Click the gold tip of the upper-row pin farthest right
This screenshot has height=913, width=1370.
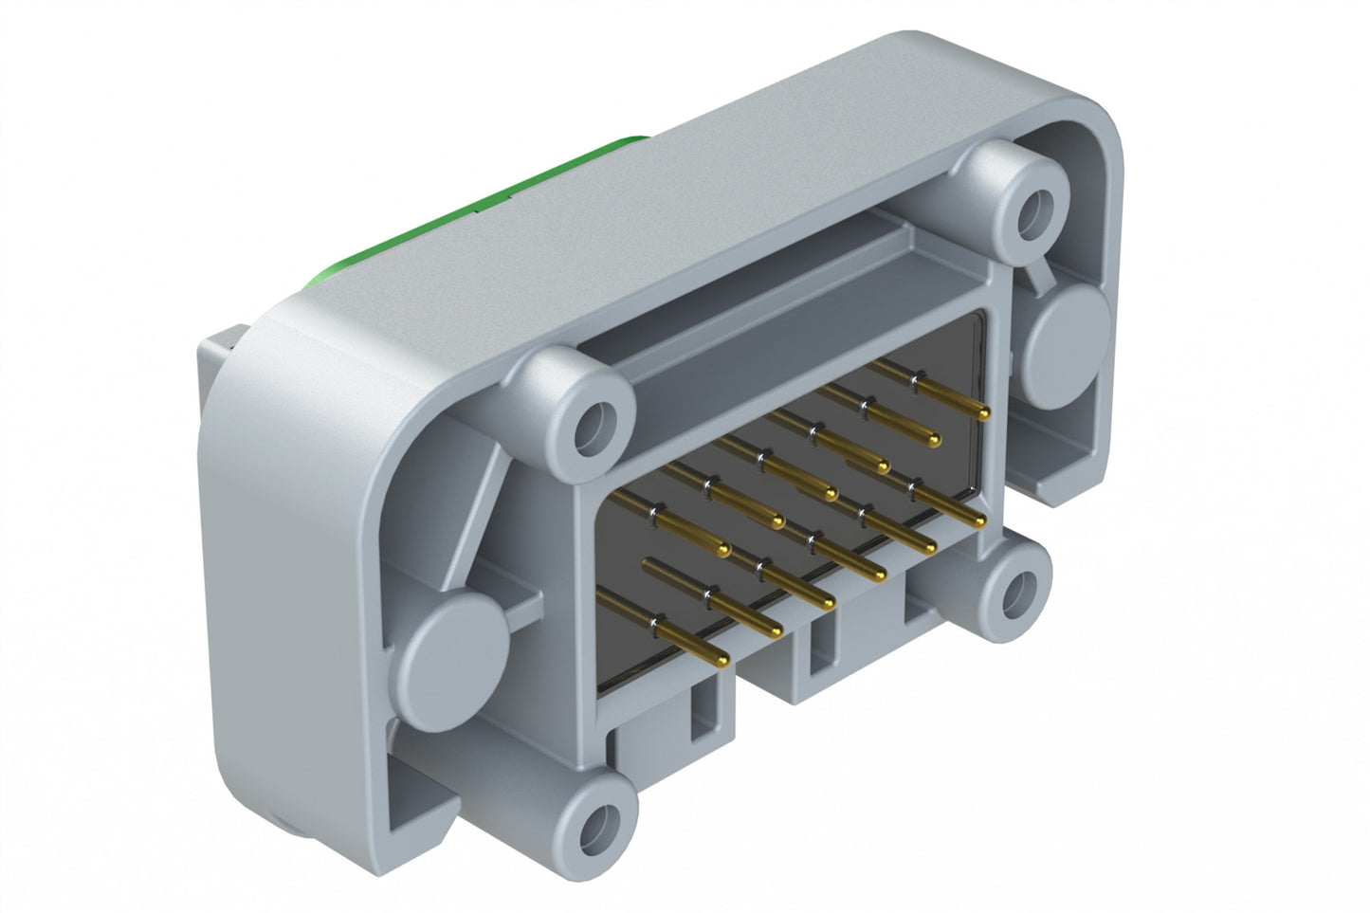coord(983,412)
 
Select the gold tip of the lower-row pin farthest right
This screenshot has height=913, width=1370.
coord(978,521)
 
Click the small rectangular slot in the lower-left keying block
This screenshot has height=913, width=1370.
coord(703,712)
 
